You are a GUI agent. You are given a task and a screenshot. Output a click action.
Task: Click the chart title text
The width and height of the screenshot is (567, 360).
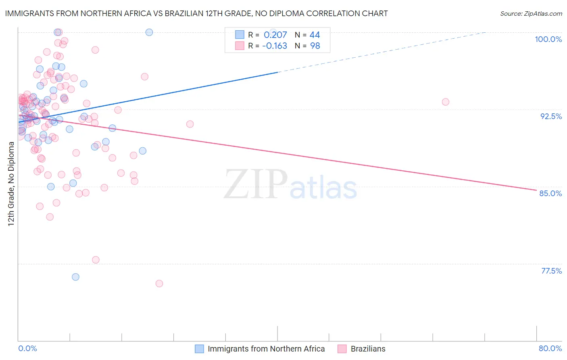tap(196, 14)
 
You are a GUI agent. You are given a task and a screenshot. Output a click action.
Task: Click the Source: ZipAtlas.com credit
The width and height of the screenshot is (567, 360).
tap(531, 14)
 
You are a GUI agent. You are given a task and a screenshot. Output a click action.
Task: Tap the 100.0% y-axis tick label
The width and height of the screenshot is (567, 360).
tap(548, 39)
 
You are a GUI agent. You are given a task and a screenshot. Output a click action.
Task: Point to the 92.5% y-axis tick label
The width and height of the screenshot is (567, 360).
tap(551, 116)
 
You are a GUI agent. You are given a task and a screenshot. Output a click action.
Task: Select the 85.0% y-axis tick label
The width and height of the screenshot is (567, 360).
tap(550, 193)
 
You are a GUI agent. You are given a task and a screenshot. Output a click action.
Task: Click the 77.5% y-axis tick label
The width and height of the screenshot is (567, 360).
tap(551, 271)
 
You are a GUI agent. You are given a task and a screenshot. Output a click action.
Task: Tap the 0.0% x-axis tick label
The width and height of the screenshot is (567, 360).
tap(27, 348)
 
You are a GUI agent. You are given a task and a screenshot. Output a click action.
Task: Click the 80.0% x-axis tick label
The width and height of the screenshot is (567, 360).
tap(550, 348)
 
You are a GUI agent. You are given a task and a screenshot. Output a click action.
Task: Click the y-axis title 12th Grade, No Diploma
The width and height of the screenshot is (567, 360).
tap(11, 184)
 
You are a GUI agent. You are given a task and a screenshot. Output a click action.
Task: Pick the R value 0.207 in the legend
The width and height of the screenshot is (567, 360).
tap(275, 35)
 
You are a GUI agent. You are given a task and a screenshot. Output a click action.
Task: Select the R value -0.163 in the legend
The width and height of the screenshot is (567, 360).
tap(274, 46)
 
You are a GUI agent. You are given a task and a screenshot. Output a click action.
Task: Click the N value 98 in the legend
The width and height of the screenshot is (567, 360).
tap(315, 46)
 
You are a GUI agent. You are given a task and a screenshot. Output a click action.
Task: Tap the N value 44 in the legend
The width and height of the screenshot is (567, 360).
tap(315, 35)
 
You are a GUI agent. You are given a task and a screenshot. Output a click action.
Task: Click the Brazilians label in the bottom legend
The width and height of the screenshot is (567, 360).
tap(368, 349)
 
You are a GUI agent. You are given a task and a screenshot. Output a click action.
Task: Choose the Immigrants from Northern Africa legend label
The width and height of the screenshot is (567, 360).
tap(266, 349)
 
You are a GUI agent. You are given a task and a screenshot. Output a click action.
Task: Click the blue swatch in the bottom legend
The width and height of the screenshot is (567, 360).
tap(199, 349)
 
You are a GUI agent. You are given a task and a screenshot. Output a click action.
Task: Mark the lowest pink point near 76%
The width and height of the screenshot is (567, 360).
tap(159, 284)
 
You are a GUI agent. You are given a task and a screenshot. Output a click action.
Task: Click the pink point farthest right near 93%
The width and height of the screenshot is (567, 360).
tap(446, 102)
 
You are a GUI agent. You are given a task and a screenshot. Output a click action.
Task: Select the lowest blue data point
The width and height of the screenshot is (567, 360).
tap(75, 277)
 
